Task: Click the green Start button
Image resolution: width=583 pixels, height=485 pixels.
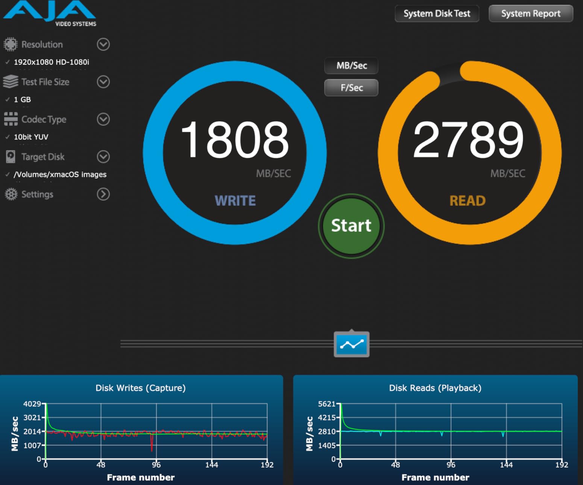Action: coord(351,226)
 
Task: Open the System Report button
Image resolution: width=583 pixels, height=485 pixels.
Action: coord(531,14)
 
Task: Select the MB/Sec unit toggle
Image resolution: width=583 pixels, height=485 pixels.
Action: coord(351,66)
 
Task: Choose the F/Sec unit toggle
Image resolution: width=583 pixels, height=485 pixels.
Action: coord(351,88)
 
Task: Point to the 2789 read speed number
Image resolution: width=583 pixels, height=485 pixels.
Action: coord(468,140)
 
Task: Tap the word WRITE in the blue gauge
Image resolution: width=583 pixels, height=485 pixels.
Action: coord(235,201)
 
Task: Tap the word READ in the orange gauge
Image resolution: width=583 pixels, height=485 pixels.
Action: coord(468,201)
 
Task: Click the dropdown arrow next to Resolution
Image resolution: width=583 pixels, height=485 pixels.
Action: coord(103,44)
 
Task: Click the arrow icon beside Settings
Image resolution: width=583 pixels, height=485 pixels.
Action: coord(103,194)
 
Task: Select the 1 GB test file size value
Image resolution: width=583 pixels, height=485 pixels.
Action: coord(22,100)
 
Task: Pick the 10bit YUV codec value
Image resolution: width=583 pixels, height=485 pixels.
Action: coord(31,137)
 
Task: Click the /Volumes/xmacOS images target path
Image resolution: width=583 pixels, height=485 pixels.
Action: coord(60,174)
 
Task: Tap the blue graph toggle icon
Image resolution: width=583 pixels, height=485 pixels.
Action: coord(352,344)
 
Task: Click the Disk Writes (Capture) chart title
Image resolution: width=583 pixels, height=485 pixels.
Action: coord(140,388)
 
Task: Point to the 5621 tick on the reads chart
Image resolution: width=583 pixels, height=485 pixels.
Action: coord(326,404)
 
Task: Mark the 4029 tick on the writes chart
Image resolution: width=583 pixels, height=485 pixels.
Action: coord(32,404)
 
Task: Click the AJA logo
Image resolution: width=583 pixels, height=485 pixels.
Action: coord(49,11)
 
